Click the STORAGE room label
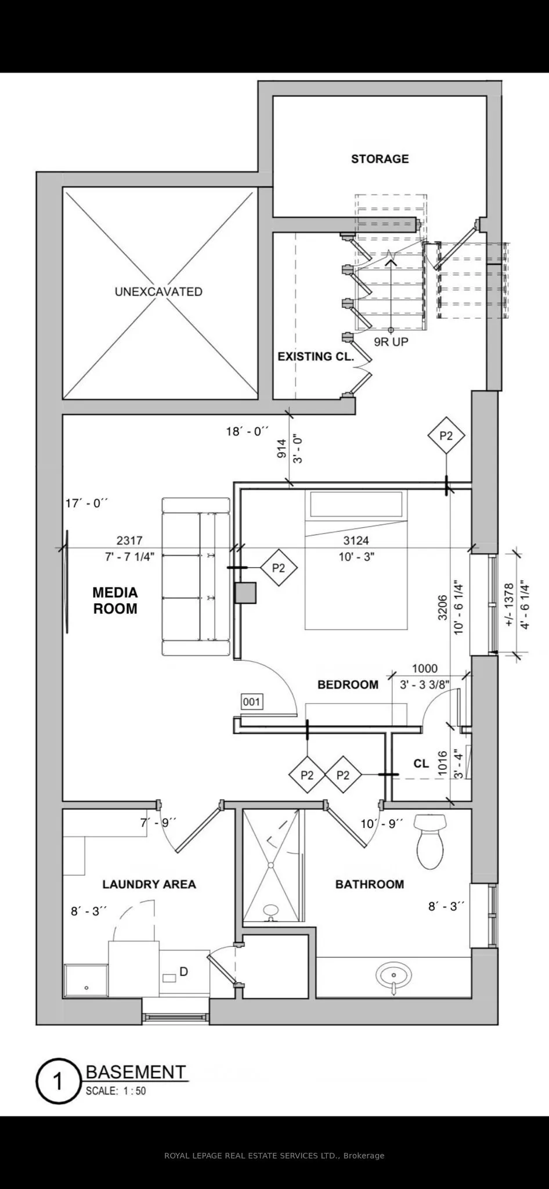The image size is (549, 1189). [380, 159]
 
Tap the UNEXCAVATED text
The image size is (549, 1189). [158, 291]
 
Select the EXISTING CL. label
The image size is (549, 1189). [315, 356]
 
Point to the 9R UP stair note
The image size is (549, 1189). [391, 342]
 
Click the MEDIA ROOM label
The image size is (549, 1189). [115, 601]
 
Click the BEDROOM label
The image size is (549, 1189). [348, 685]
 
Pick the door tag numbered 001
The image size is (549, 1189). [252, 702]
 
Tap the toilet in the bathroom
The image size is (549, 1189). [430, 840]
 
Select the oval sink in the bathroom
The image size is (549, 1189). [393, 973]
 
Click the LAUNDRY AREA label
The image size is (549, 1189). [149, 884]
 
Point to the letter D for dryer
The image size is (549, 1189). [183, 971]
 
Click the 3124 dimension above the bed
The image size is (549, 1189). [356, 541]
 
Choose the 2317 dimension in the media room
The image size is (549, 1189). [129, 541]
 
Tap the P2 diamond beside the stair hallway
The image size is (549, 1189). [446, 435]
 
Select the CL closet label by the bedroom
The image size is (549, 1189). [421, 763]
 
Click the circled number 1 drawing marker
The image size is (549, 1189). [57, 1081]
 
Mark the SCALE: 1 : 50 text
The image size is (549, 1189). [115, 1091]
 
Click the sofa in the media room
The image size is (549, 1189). [196, 577]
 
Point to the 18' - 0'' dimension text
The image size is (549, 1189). [247, 431]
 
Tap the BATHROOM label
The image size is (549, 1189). [369, 884]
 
